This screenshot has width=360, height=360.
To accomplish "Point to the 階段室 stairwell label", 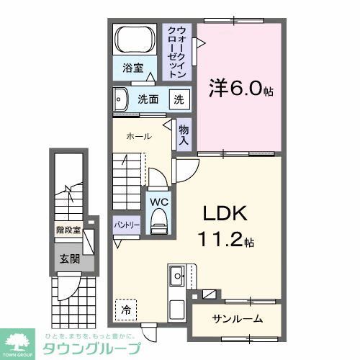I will click(x=68, y=231).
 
